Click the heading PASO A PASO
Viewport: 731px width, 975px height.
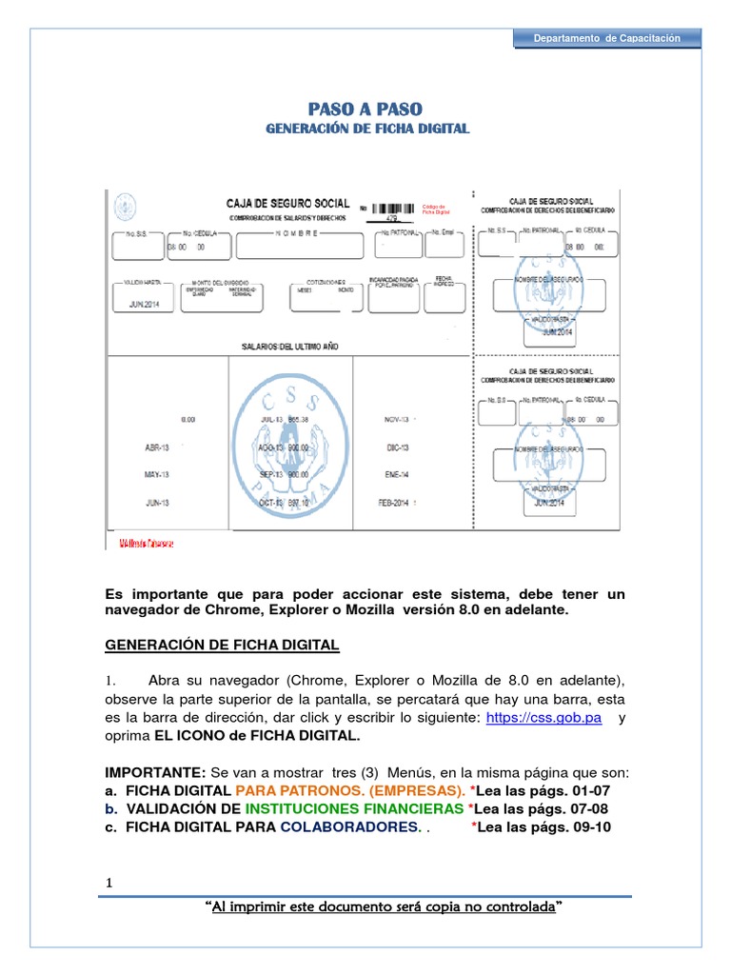[365, 109]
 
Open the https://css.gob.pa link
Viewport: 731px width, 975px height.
[543, 719]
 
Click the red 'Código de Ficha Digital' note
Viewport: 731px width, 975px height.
[435, 209]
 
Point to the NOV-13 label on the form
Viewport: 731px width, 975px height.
[397, 419]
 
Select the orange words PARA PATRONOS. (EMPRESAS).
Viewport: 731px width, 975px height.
[350, 791]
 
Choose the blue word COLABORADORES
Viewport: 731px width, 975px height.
[349, 826]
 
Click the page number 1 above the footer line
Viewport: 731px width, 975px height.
[109, 884]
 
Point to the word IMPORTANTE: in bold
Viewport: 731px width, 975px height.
[154, 773]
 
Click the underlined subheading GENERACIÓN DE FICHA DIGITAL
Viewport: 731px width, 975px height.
[222, 646]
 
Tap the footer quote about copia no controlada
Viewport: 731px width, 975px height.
[383, 908]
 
